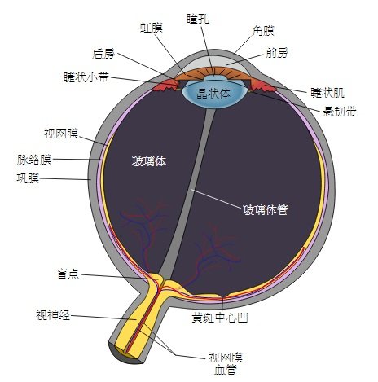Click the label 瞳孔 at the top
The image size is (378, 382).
tap(198, 19)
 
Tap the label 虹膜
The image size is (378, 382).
tap(152, 28)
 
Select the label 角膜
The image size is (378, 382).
tap(263, 31)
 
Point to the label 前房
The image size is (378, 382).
tap(277, 52)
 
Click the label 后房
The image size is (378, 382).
tap(103, 54)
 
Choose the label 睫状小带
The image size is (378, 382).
tap(86, 77)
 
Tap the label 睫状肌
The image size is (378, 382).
tap(327, 93)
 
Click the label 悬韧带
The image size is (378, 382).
tap(340, 111)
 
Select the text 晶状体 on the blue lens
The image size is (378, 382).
tap(213, 94)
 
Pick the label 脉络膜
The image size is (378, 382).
tap(34, 160)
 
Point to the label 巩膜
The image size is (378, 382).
tap(28, 178)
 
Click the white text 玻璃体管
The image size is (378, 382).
tap(265, 210)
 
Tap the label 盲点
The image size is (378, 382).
tap(68, 274)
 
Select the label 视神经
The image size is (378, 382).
tap(53, 315)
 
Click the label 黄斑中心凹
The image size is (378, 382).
tap(220, 317)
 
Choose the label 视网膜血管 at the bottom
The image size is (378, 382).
tap(226, 363)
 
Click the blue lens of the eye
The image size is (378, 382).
tap(214, 94)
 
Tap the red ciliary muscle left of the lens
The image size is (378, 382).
tap(166, 85)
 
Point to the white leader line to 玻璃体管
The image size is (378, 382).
tap(216, 199)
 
